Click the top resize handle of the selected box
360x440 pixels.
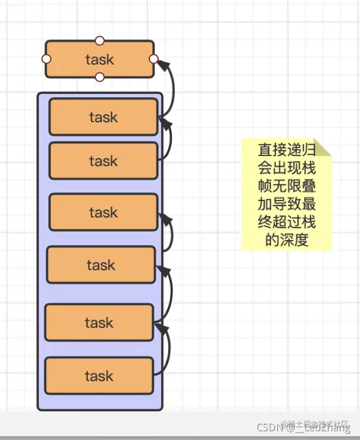tap(99, 41)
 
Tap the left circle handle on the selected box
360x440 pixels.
tap(46, 59)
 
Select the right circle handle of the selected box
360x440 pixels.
tap(154, 59)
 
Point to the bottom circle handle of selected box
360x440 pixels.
tap(99, 77)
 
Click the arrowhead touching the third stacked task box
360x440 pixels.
tap(165, 218)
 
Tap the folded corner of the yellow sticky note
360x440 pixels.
tap(322, 147)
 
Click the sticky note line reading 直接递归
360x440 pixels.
tap(286, 150)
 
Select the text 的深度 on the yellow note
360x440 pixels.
tap(286, 240)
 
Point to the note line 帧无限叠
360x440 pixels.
tap(286, 186)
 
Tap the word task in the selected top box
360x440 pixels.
tap(99, 60)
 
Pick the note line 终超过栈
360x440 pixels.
tap(286, 222)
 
